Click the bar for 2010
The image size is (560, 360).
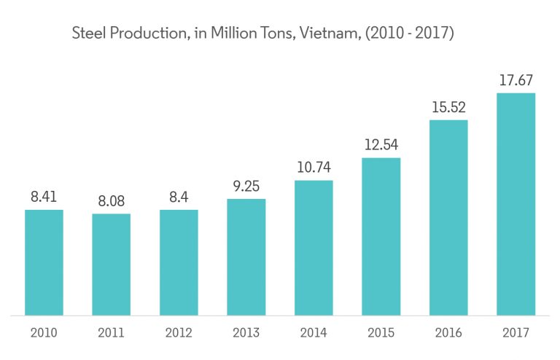click(44, 262)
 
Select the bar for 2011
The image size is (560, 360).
click(111, 265)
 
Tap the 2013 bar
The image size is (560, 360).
click(246, 257)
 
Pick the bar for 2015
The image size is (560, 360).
click(381, 237)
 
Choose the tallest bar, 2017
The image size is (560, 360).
click(516, 204)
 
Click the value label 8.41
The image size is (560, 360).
click(44, 197)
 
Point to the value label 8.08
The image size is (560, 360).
click(111, 201)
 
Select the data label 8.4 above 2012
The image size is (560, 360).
click(179, 197)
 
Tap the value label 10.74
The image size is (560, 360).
click(314, 167)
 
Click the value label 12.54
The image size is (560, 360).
click(381, 144)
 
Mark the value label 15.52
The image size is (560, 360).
click(448, 107)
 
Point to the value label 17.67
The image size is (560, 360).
click(516, 80)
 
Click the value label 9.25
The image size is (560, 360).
click(246, 186)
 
